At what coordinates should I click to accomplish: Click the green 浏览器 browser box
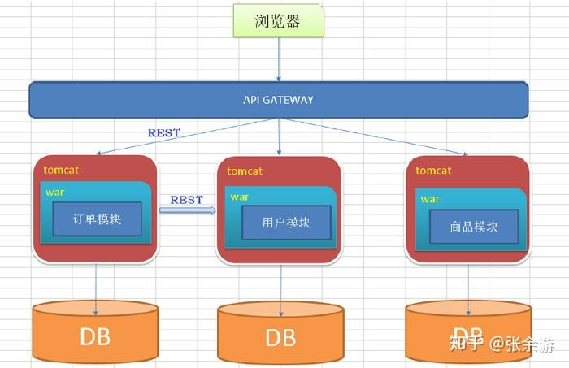277,21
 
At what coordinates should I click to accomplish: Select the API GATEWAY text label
278,100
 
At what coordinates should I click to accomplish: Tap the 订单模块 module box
97,219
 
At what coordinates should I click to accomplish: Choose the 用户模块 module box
285,223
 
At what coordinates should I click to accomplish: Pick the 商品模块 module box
473,225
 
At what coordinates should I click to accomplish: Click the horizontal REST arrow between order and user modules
188,210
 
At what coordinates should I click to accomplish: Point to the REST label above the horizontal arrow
186,199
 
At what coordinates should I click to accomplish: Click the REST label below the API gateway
163,132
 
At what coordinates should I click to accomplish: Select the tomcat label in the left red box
62,170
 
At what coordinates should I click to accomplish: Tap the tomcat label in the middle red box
245,171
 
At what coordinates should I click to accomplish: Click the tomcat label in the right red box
433,171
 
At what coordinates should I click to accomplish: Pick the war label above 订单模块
55,193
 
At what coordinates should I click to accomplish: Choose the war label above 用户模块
240,197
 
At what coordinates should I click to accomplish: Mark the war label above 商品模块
430,199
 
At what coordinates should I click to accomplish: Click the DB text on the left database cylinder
96,336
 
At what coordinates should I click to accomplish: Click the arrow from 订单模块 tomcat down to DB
96,282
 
